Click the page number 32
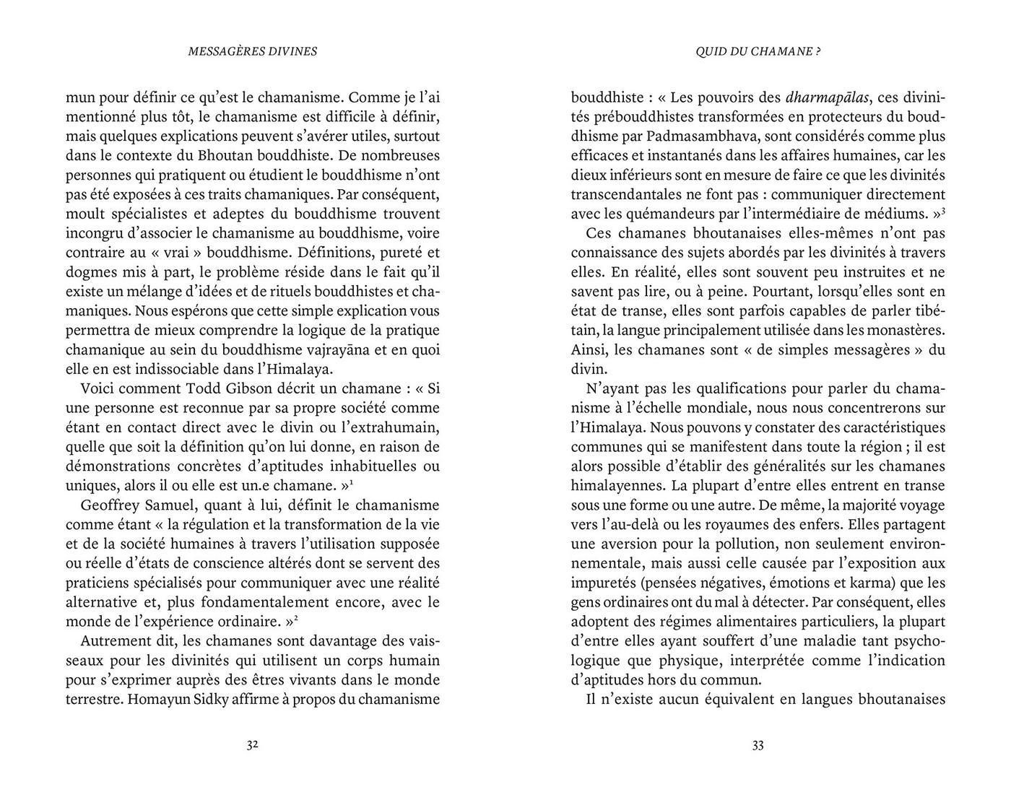[252, 746]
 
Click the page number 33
[758, 746]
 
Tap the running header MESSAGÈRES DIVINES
[252, 51]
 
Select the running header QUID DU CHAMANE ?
[758, 51]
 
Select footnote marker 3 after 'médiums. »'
[944, 210]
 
